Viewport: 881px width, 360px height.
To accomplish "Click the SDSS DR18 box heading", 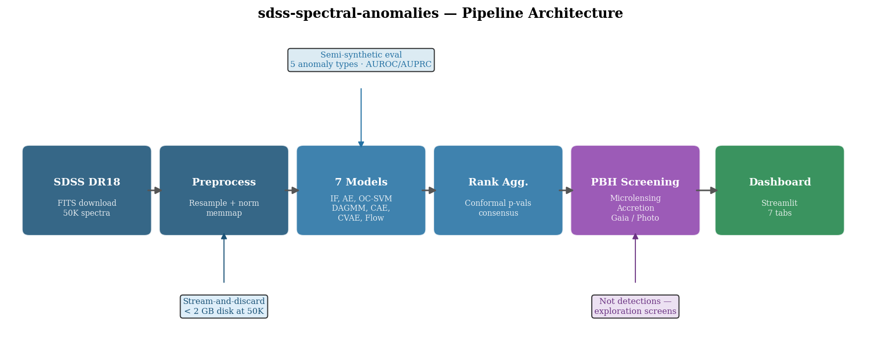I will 87,182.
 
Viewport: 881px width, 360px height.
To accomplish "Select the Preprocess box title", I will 224,182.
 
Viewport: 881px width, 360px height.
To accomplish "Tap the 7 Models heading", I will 361,182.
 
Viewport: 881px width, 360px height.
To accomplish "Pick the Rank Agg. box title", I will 498,182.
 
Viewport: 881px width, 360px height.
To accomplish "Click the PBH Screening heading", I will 635,182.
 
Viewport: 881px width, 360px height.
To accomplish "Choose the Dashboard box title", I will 779,182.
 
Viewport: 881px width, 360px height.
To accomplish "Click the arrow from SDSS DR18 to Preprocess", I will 155,190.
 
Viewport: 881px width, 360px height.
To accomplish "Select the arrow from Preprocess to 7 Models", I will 292,190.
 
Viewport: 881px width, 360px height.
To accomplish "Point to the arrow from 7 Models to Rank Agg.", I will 430,190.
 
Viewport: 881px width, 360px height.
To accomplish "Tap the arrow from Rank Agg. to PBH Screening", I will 566,190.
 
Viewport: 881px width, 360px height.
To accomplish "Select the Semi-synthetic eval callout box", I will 361,60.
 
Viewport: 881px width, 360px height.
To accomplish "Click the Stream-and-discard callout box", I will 224,306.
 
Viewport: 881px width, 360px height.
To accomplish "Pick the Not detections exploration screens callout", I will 635,306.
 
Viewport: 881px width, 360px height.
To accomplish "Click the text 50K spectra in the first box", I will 87,213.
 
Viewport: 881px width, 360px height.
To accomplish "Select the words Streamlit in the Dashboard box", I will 779,203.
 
